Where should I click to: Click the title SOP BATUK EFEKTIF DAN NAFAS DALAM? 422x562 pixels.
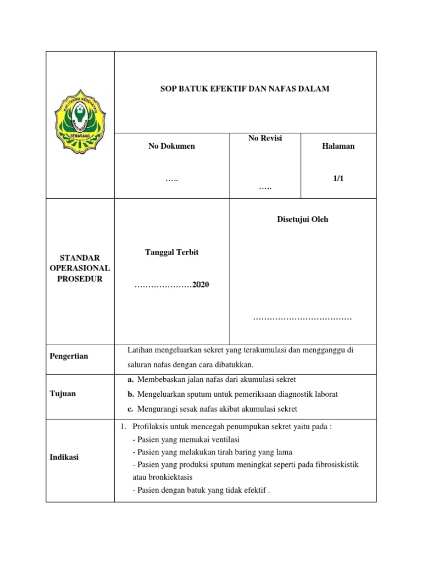click(245, 88)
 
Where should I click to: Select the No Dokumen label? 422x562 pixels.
click(171, 146)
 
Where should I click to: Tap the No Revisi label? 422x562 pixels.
click(265, 138)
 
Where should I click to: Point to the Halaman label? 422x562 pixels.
click(338, 146)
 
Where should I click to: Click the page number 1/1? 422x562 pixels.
click(338, 179)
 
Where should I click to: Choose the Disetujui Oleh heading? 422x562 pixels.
click(302, 220)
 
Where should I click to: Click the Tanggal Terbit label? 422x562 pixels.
click(171, 252)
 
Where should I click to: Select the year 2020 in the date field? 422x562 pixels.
click(201, 285)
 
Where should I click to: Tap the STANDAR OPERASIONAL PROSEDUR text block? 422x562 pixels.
click(80, 268)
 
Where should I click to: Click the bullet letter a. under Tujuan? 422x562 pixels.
click(130, 380)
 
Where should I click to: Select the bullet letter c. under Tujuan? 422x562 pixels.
click(130, 409)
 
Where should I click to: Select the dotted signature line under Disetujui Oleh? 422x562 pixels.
click(302, 318)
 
